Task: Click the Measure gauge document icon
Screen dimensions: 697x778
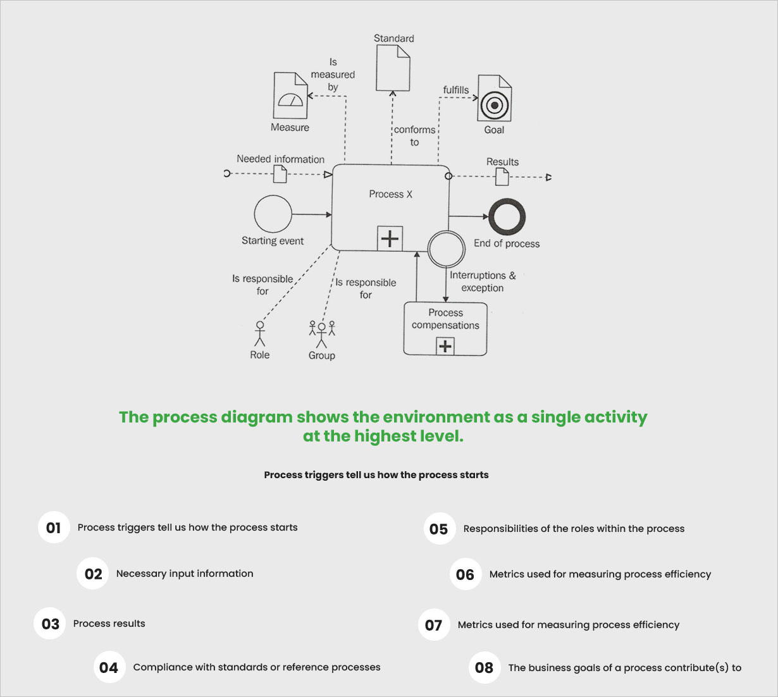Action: [x=290, y=96]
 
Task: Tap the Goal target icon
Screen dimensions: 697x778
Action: [x=494, y=99]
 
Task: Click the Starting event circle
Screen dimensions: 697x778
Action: [x=273, y=214]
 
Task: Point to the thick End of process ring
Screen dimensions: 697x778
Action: [x=507, y=217]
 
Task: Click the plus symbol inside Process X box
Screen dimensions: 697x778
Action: [x=390, y=238]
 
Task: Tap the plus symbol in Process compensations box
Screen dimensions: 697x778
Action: [x=445, y=346]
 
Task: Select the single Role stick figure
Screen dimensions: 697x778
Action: [x=259, y=333]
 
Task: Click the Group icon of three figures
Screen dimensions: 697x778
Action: [x=321, y=334]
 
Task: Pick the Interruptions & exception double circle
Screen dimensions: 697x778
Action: [x=446, y=249]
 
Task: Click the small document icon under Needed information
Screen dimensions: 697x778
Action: [x=280, y=174]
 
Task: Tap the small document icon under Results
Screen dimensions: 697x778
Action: [x=502, y=176]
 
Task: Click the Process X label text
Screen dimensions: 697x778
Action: [x=390, y=194]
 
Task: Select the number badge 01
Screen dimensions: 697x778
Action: [x=54, y=527]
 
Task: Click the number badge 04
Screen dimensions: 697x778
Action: [x=109, y=668]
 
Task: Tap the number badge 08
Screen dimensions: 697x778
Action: [x=484, y=668]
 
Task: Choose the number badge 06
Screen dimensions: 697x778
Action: [x=465, y=574]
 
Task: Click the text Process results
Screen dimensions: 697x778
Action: [x=109, y=624]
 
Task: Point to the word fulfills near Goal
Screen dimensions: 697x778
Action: [x=455, y=90]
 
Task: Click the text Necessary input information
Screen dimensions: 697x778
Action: [x=185, y=574]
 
